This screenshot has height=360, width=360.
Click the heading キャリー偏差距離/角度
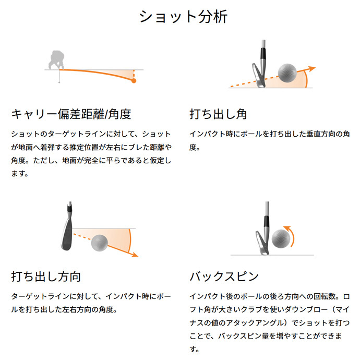71,113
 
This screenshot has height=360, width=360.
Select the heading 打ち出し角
218,113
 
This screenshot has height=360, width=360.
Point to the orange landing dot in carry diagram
134,81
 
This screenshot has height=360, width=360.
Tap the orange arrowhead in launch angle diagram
311,68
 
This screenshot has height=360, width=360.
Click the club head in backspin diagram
261,242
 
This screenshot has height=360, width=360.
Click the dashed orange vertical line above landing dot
134,74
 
